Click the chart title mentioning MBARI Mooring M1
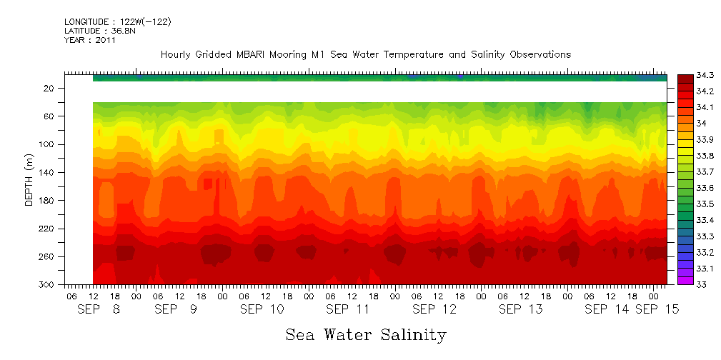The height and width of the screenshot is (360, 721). [366, 54]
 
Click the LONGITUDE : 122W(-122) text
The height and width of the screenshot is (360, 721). [118, 22]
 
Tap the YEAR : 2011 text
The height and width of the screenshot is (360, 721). [90, 41]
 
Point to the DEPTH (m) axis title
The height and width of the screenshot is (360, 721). [29, 181]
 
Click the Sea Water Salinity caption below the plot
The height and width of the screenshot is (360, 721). [366, 334]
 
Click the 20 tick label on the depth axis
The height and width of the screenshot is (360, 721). [49, 88]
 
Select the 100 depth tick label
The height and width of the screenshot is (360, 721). [47, 144]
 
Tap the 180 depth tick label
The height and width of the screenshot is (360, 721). [47, 201]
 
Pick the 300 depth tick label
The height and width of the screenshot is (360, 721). [47, 285]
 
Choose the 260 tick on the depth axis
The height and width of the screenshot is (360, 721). [47, 257]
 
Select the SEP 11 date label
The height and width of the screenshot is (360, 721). [347, 309]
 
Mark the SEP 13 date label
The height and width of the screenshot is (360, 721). [520, 309]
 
